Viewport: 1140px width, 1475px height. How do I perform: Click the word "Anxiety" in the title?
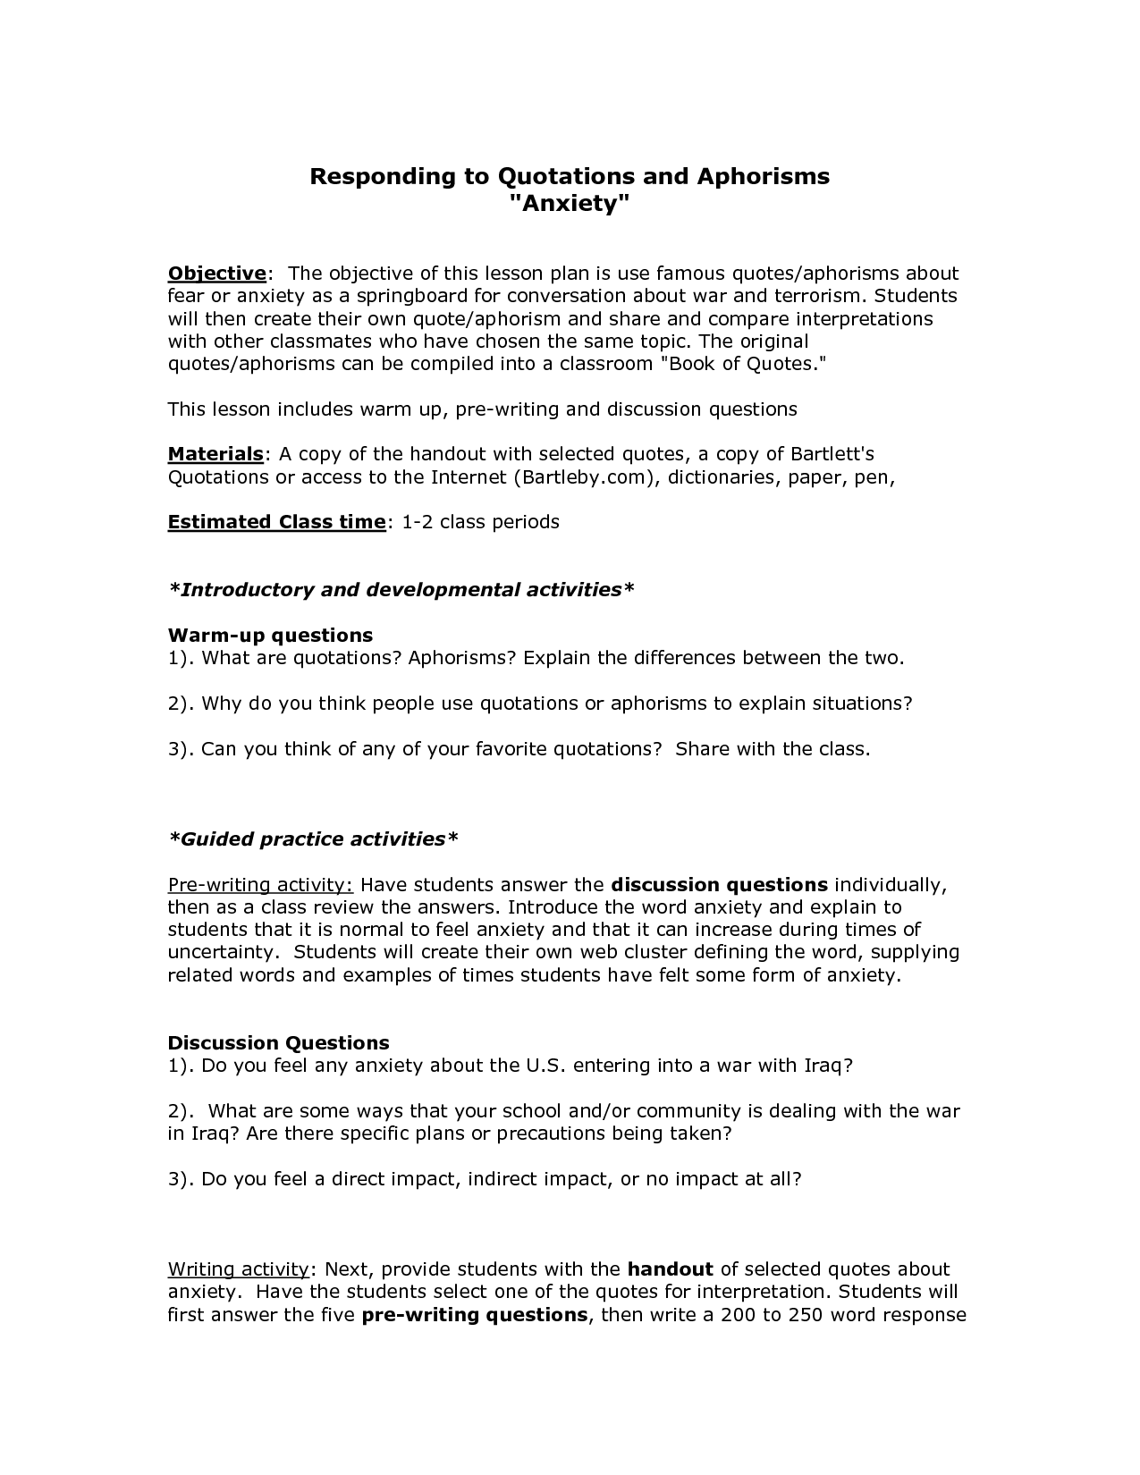coord(570,205)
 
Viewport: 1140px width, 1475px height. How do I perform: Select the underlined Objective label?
coord(217,274)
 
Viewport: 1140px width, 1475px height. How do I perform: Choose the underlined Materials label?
coord(215,454)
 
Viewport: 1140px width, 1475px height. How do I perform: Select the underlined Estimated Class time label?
coord(276,522)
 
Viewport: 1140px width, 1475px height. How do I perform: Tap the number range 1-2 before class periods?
coord(417,522)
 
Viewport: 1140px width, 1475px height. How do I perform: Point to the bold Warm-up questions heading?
coord(270,636)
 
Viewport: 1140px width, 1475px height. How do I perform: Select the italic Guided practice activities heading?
coord(313,839)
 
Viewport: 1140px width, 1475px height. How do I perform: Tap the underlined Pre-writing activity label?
coord(260,885)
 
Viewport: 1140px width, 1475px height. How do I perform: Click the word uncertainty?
coord(224,953)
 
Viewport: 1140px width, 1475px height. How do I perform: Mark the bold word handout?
coord(670,1269)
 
